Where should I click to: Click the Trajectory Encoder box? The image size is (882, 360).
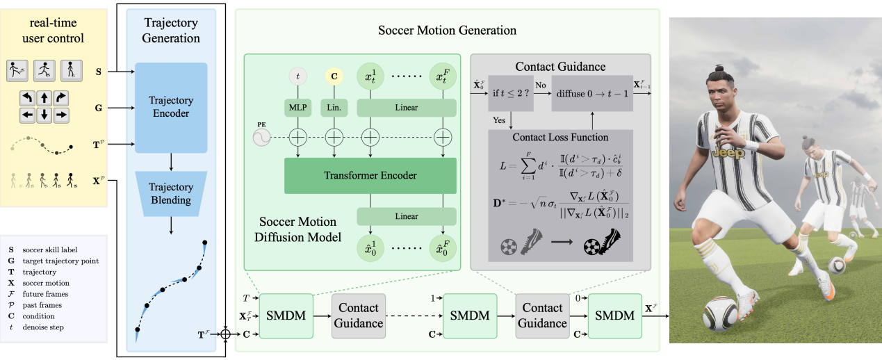point(171,107)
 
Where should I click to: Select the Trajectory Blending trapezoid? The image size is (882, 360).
point(171,193)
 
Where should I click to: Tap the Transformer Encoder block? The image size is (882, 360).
point(370,176)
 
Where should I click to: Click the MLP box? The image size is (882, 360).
point(297,108)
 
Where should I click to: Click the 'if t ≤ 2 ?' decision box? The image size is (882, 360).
point(511,93)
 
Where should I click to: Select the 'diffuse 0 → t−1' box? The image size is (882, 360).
point(591,93)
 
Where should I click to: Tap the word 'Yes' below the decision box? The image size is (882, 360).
point(498,120)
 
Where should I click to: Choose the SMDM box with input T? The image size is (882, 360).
point(286,315)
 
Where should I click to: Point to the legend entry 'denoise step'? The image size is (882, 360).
point(47,327)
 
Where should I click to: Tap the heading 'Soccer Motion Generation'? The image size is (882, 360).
point(447,31)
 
